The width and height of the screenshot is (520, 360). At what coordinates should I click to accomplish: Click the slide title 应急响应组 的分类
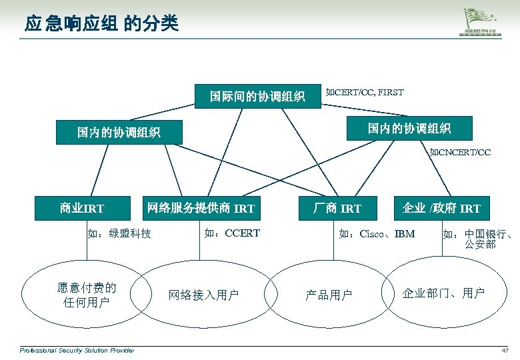point(101,25)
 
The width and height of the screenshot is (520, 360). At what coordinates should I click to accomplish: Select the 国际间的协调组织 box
point(257,97)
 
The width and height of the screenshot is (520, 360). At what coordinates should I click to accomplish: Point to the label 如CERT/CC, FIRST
point(364,92)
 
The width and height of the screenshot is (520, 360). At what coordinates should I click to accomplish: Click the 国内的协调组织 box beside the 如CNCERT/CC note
point(409,127)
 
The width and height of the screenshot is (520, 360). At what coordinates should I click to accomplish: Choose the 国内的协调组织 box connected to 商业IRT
point(118,133)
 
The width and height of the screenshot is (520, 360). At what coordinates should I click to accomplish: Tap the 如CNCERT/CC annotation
point(460,153)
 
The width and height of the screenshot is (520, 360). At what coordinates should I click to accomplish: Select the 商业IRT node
point(82,208)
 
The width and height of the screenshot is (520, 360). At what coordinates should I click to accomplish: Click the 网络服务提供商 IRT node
point(200,208)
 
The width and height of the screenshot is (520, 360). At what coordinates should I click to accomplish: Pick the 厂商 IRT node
point(337,208)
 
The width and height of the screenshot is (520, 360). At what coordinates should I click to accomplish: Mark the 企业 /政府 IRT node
point(441,208)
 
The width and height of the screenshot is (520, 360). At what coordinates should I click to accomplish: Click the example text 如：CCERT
point(231,233)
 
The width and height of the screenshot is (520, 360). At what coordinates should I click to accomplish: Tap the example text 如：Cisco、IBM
point(377,233)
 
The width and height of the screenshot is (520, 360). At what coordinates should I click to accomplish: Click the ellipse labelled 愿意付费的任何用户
point(86,295)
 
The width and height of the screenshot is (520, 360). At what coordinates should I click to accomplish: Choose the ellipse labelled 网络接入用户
point(203,295)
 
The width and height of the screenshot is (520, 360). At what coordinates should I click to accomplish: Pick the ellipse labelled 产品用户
point(328,295)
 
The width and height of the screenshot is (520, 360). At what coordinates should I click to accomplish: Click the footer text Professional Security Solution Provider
point(77,351)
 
